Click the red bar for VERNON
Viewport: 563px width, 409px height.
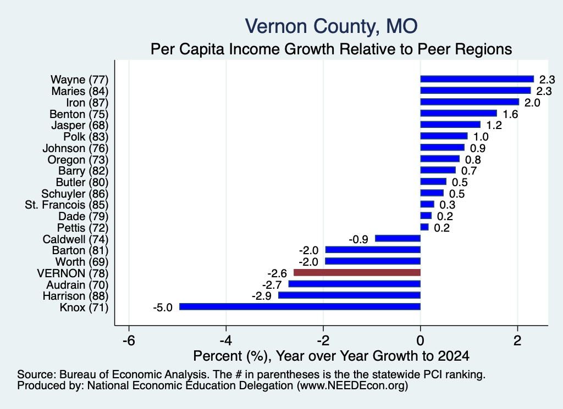[x=357, y=273]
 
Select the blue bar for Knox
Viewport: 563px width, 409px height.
[x=300, y=307]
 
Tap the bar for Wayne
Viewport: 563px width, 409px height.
[x=477, y=79]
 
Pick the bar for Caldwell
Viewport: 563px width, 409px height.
[x=398, y=239]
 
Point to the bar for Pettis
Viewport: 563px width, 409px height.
[x=424, y=227]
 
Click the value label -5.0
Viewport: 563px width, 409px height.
[x=163, y=307]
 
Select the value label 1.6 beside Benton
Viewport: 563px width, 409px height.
[x=510, y=114]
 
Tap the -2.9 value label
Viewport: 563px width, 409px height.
[x=261, y=296]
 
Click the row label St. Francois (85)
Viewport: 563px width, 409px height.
[x=67, y=205]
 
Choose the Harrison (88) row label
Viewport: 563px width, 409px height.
[x=75, y=296]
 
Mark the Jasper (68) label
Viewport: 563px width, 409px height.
[x=80, y=126]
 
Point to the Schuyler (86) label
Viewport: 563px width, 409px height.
[x=75, y=194]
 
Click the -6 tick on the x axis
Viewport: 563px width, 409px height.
[x=129, y=340]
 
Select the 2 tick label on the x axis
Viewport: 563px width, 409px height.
[x=517, y=340]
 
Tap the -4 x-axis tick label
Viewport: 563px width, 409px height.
[x=226, y=340]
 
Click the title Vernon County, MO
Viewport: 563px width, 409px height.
[x=331, y=26]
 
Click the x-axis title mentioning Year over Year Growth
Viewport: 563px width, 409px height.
[x=331, y=356]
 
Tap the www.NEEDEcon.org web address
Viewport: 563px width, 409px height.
[x=352, y=386]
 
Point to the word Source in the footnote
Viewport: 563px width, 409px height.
[x=36, y=374]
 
